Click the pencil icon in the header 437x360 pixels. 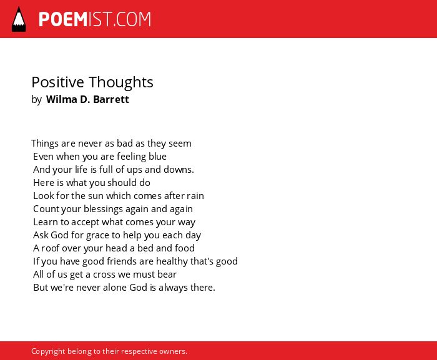click(19, 19)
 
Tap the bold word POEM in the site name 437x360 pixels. click(63, 19)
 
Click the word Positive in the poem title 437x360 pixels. click(57, 82)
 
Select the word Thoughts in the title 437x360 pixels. click(121, 83)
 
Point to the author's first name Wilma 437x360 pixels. click(62, 99)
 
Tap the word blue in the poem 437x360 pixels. click(157, 157)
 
